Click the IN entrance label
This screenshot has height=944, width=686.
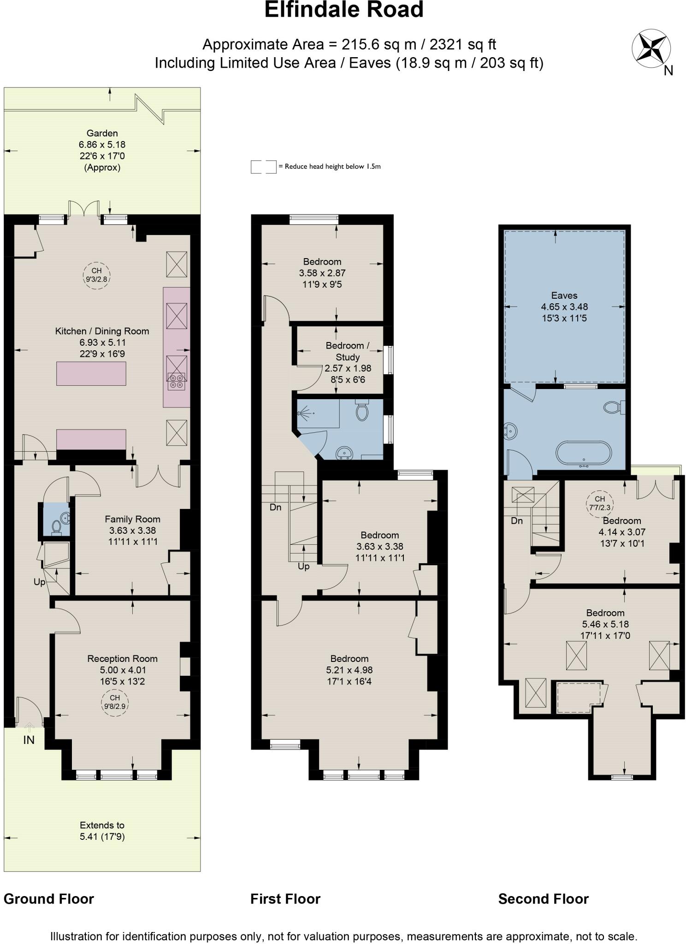pos(29,740)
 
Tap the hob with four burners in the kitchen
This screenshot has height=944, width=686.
pos(176,381)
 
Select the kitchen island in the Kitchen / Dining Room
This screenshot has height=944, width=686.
pos(91,374)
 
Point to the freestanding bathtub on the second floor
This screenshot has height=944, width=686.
pos(584,454)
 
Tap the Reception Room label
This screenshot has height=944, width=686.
pos(122,659)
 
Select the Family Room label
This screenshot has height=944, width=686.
pos(132,519)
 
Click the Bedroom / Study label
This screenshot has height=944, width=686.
pos(348,351)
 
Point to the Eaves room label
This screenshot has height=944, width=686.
pos(564,295)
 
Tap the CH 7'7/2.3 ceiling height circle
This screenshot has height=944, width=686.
pos(599,503)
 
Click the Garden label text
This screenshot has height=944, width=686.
pos(102,133)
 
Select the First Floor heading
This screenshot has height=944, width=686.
pos(285,899)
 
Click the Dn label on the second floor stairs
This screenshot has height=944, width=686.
pos(517,521)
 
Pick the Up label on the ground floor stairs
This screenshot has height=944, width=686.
pos(40,582)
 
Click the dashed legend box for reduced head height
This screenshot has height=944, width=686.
pos(263,167)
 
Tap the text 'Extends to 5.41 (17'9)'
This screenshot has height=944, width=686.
pos(102,831)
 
